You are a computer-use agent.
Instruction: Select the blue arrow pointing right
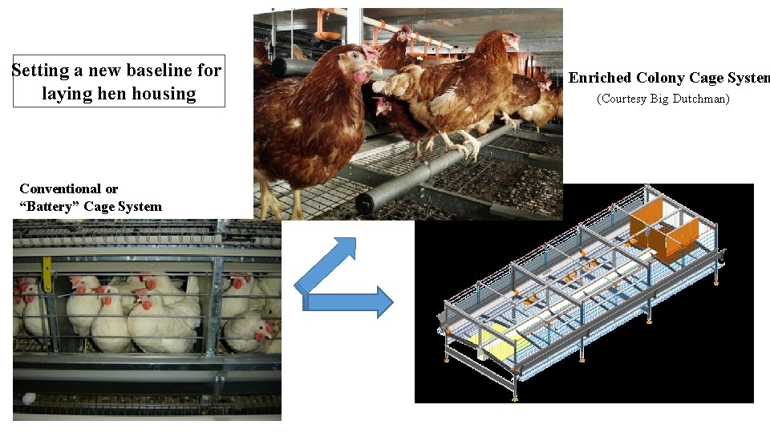tap(350, 301)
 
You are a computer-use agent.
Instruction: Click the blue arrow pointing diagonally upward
tap(324, 265)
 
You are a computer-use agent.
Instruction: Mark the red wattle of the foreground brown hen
tap(362, 77)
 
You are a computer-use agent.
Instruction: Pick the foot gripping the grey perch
tap(467, 146)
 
